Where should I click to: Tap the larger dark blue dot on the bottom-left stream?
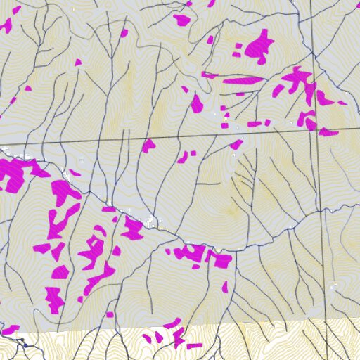coord(25,345)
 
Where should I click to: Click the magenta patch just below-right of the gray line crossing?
coord(328,131)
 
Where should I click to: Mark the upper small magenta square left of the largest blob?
coord(238,46)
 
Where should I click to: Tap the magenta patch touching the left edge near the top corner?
coord(6,26)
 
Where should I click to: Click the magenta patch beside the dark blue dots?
coord(10,330)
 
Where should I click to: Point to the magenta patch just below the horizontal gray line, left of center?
coord(148,146)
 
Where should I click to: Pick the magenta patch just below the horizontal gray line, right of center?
coord(236,145)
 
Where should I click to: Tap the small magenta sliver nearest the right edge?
coord(342,103)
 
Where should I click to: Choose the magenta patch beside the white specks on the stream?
coord(132,228)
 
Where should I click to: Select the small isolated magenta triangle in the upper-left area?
coord(78,63)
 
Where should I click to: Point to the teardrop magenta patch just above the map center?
coord(196,104)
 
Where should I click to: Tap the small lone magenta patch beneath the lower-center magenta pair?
coord(225,287)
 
